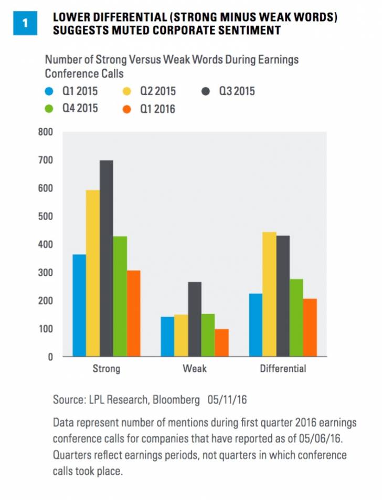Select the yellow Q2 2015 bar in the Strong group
pos(93,273)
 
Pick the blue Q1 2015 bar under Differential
pos(256,325)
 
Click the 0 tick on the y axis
pos(51,357)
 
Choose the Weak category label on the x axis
pos(194,369)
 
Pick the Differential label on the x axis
pos(283,369)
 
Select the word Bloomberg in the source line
pos(176,400)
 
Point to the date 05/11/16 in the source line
pos(228,400)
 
